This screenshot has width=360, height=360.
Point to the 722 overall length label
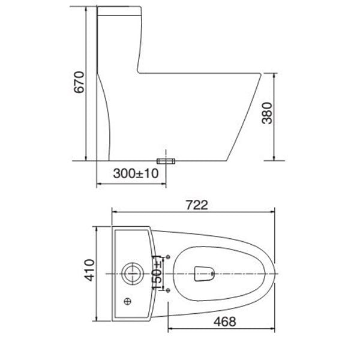(196, 205)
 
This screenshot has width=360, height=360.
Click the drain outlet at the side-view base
(166, 161)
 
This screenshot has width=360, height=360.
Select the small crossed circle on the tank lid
(127, 301)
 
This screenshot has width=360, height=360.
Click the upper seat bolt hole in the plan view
(167, 256)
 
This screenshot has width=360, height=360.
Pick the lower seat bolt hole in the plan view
(167, 290)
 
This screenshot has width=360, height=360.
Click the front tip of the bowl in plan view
(276, 273)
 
